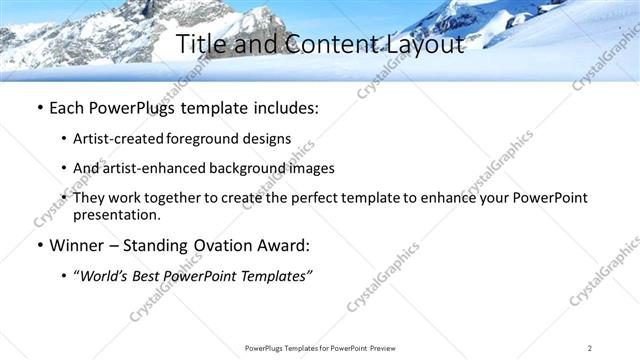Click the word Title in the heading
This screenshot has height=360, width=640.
pyautogui.click(x=199, y=44)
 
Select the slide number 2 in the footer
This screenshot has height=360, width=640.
pyautogui.click(x=590, y=347)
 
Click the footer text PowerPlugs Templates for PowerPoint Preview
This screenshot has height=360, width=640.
pyautogui.click(x=320, y=347)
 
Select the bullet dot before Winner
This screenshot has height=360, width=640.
pyautogui.click(x=38, y=246)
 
